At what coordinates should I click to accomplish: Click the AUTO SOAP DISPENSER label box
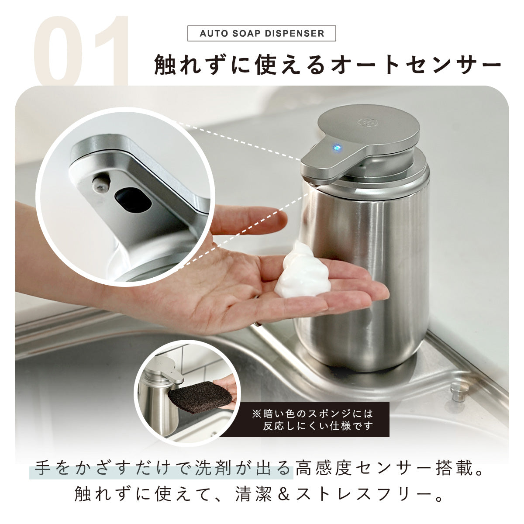point(262,34)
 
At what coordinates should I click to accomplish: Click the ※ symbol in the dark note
point(256,414)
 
